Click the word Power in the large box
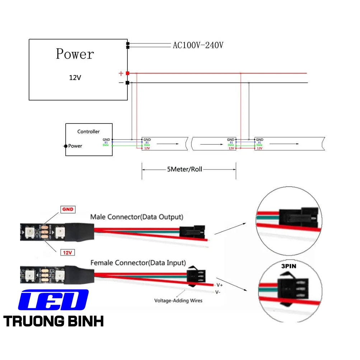[75, 54]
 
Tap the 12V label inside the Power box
[75, 78]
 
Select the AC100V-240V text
[198, 45]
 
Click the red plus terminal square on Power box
[127, 73]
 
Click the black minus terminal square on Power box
[127, 83]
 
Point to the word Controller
[89, 132]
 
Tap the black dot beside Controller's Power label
[65, 146]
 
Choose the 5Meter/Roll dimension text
[184, 169]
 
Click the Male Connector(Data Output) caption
[136, 217]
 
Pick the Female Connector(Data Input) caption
[138, 263]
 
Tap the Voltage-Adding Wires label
[178, 300]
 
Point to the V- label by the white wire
[218, 292]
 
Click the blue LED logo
[53, 300]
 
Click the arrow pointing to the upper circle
[234, 229]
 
